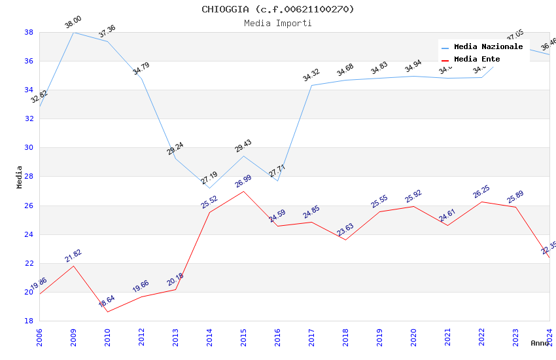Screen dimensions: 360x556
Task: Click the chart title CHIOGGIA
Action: (x=278, y=9)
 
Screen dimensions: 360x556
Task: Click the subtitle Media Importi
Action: (x=278, y=24)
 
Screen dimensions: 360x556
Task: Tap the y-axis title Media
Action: (x=20, y=177)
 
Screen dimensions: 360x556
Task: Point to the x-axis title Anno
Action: (x=540, y=343)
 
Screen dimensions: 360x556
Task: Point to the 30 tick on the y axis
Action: (x=29, y=147)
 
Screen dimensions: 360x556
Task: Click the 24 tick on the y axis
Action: (x=29, y=234)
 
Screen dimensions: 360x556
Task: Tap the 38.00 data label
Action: (x=73, y=24)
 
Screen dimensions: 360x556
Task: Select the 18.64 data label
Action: (x=107, y=301)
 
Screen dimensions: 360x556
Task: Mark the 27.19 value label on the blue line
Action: (x=209, y=178)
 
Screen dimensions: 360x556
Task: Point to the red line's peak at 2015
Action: (x=243, y=191)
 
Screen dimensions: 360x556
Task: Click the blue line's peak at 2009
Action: (x=73, y=32)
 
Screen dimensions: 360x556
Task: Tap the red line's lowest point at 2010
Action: (x=107, y=312)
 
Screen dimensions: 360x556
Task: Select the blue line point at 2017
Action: (x=311, y=85)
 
